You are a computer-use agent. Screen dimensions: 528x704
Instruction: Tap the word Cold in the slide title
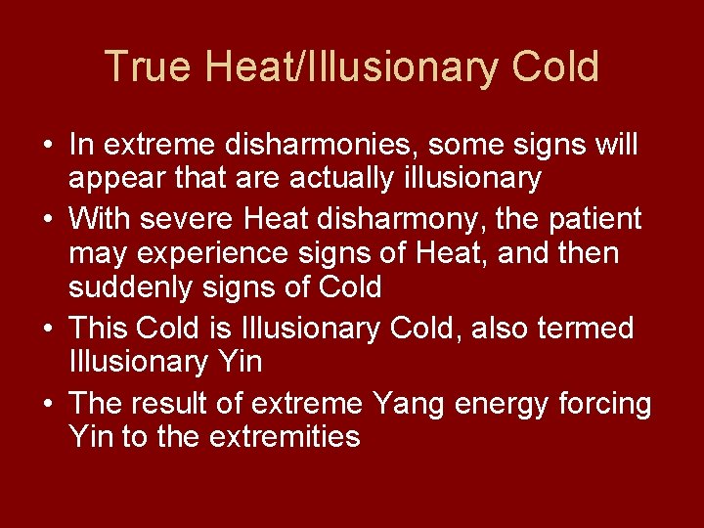tap(554, 67)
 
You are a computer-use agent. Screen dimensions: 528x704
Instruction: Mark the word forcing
tap(608, 402)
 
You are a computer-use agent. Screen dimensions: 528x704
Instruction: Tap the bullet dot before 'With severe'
tap(47, 219)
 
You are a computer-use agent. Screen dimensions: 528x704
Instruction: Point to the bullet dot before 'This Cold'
tap(47, 329)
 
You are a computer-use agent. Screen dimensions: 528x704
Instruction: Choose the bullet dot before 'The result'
tap(47, 403)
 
